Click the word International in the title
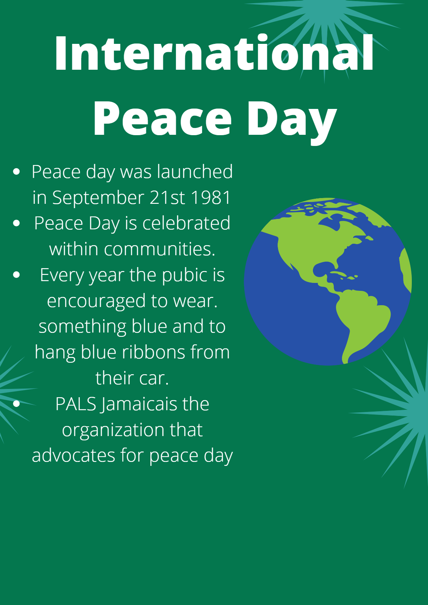click(214, 53)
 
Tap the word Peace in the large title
click(162, 119)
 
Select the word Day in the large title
click(291, 120)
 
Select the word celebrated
click(186, 223)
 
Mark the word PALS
click(76, 404)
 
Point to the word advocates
click(73, 455)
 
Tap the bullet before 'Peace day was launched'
click(16, 171)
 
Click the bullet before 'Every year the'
click(16, 275)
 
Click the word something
click(82, 327)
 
